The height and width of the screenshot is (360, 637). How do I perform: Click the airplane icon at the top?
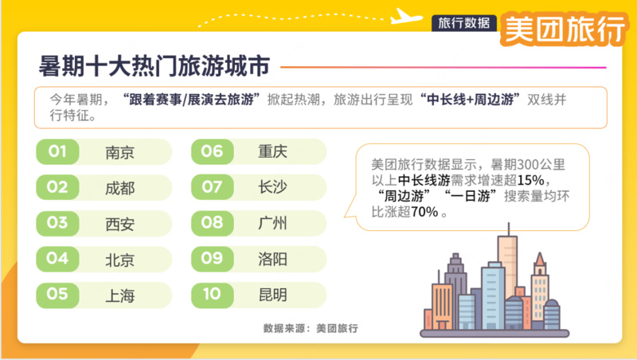(x=407, y=16)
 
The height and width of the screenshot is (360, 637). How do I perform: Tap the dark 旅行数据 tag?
(x=464, y=23)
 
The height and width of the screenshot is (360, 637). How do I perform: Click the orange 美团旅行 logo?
(x=565, y=29)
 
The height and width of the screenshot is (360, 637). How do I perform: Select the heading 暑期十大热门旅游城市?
(x=154, y=66)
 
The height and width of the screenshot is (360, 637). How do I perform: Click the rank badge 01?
(x=57, y=151)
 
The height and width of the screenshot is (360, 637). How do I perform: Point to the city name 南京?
(x=120, y=152)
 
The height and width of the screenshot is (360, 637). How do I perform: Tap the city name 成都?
(x=120, y=188)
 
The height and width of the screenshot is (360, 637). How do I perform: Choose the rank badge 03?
(x=57, y=223)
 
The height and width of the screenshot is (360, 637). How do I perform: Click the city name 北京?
(x=120, y=260)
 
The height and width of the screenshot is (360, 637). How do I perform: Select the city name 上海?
(x=120, y=295)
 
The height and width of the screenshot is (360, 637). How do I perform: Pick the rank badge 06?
(x=212, y=151)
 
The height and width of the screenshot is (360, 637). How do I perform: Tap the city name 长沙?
(x=272, y=187)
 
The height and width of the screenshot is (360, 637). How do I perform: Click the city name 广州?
(x=272, y=223)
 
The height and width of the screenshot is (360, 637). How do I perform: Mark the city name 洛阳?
(x=272, y=258)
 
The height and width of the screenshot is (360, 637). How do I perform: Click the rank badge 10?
(x=212, y=294)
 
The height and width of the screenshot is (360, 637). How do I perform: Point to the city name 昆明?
(x=272, y=294)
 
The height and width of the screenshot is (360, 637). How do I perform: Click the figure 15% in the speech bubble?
(x=530, y=180)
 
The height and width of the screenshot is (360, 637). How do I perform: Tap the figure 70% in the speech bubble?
(x=424, y=212)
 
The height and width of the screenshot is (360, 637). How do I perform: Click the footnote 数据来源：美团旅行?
(x=311, y=328)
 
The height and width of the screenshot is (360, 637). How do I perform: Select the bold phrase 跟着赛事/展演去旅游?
(x=191, y=100)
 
